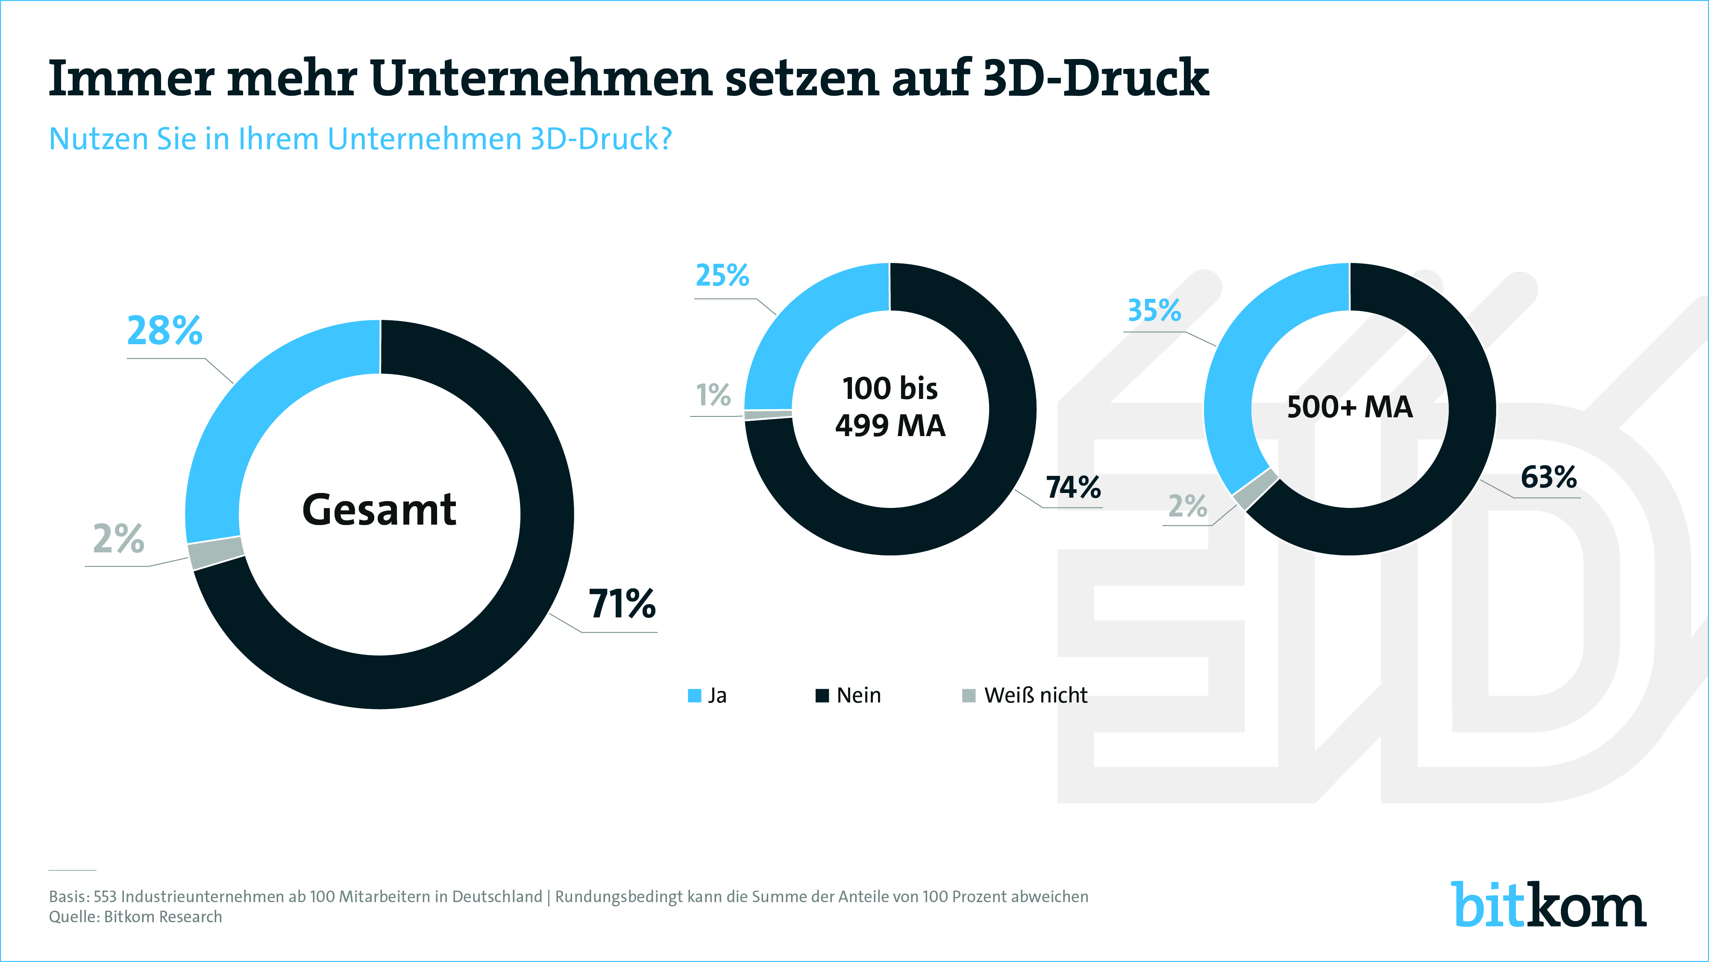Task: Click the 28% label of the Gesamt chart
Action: click(164, 331)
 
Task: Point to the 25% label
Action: click(722, 275)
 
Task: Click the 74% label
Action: click(1073, 487)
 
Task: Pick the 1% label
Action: click(713, 395)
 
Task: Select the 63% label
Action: click(1548, 477)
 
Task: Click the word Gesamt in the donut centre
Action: click(379, 510)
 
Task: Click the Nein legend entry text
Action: click(858, 696)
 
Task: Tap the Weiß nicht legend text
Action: click(1036, 696)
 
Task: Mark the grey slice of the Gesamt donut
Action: click(216, 553)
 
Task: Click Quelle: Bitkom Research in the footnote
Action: click(135, 917)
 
